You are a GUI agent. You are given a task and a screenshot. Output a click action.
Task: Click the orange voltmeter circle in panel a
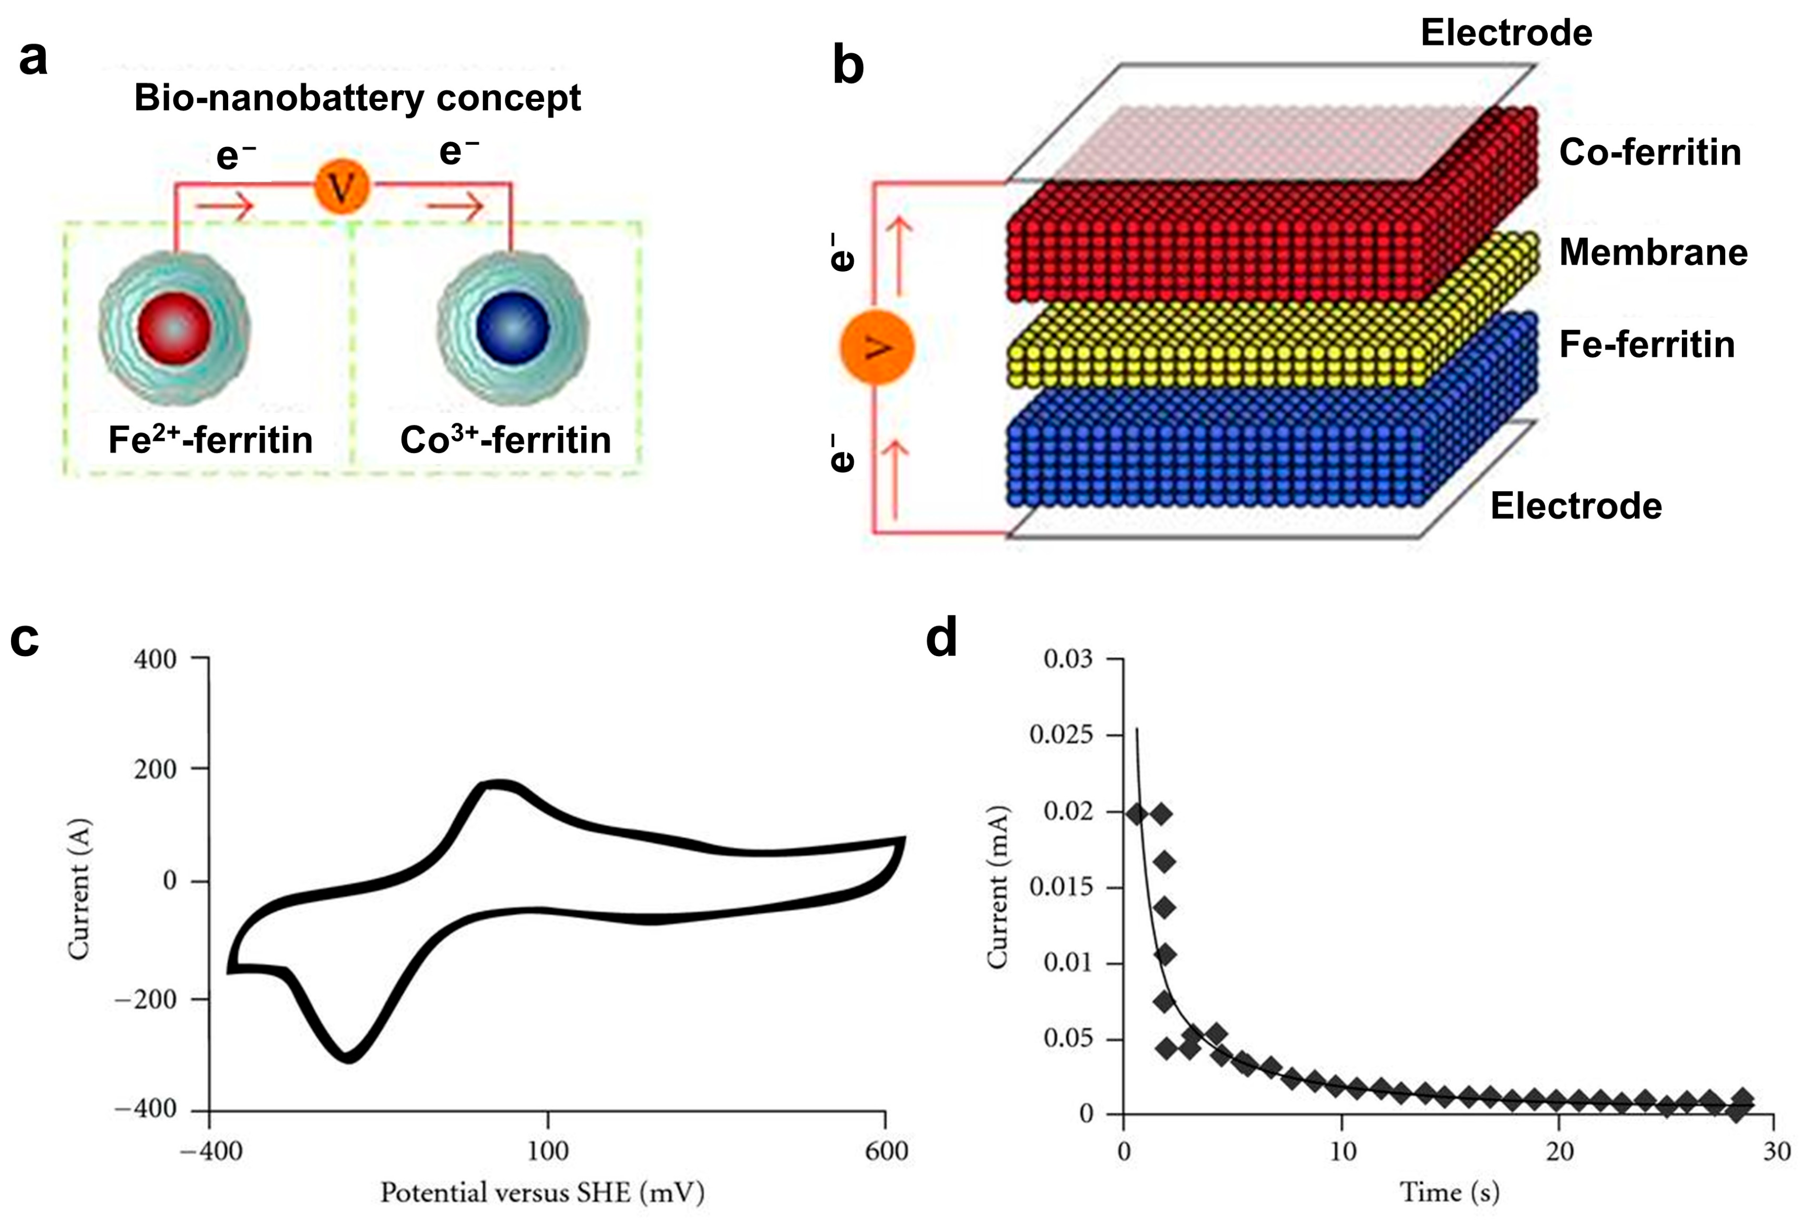click(342, 186)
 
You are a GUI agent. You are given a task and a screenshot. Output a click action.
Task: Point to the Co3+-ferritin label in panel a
click(505, 440)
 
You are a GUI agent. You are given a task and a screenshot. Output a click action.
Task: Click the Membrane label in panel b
click(1653, 252)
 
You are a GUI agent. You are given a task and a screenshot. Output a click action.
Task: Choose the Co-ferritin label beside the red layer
click(1650, 152)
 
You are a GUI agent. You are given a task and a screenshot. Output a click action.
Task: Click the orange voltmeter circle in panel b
click(877, 347)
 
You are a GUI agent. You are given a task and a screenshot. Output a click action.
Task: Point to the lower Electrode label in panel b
click(1576, 506)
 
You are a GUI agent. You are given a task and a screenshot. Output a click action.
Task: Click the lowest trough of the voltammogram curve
click(348, 1056)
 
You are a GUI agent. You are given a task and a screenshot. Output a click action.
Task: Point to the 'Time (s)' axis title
click(1449, 1192)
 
